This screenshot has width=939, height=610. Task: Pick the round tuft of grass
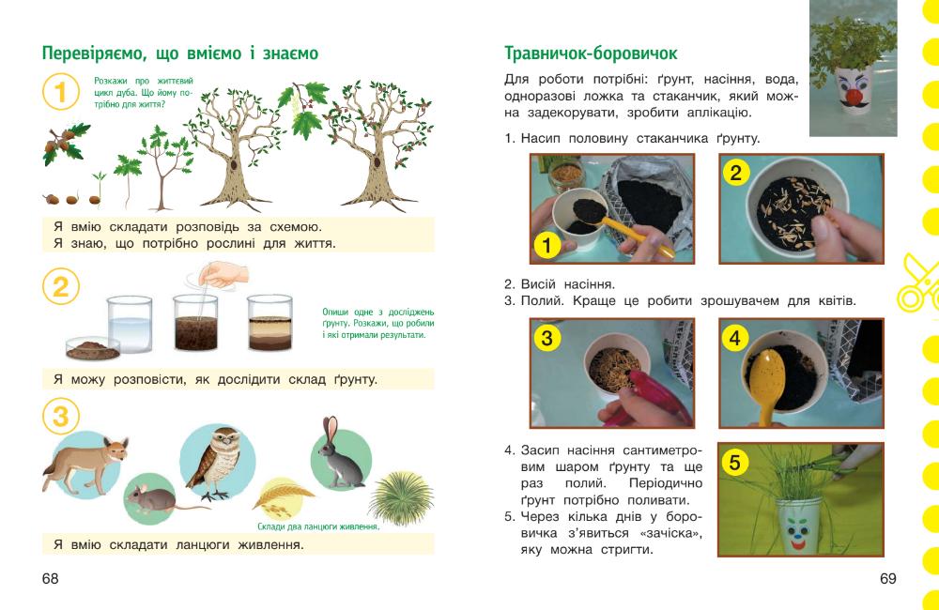click(401, 498)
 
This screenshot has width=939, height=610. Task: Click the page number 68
click(51, 578)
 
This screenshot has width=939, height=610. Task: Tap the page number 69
click(887, 578)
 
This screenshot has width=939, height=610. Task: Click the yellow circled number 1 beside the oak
click(60, 92)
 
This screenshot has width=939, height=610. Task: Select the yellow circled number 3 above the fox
click(60, 417)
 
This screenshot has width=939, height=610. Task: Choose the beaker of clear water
click(130, 324)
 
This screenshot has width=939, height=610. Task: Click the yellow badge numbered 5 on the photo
click(735, 462)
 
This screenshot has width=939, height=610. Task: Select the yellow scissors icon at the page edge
click(916, 282)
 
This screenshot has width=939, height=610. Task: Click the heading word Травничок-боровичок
click(591, 53)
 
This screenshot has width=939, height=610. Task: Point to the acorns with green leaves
click(65, 144)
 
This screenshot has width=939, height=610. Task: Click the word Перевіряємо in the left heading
click(94, 53)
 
